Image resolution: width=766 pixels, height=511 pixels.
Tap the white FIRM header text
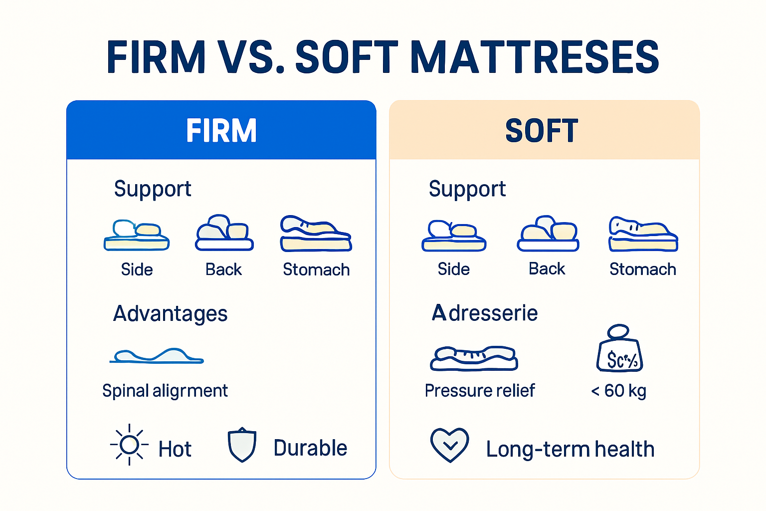(221, 131)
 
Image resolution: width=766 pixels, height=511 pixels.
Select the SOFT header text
(542, 131)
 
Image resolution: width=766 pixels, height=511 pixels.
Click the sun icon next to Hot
(129, 445)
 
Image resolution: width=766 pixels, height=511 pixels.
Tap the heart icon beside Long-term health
(449, 445)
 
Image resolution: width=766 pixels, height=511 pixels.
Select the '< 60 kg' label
(618, 391)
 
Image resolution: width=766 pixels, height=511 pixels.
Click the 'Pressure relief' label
(479, 391)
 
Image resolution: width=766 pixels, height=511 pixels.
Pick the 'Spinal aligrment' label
(165, 391)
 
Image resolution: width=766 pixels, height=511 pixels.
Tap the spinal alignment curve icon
(157, 356)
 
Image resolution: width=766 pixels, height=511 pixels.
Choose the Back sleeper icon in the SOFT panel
(548, 234)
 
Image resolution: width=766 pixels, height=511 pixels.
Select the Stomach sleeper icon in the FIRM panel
(316, 234)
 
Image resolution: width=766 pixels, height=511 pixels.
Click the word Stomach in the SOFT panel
(643, 269)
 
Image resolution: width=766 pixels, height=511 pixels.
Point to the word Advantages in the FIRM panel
(170, 314)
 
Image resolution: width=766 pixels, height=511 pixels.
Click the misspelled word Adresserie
(485, 313)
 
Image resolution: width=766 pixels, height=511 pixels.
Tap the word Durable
(310, 448)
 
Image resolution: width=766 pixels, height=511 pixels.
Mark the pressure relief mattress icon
(474, 358)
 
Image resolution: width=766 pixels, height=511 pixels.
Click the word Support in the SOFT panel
(467, 189)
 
